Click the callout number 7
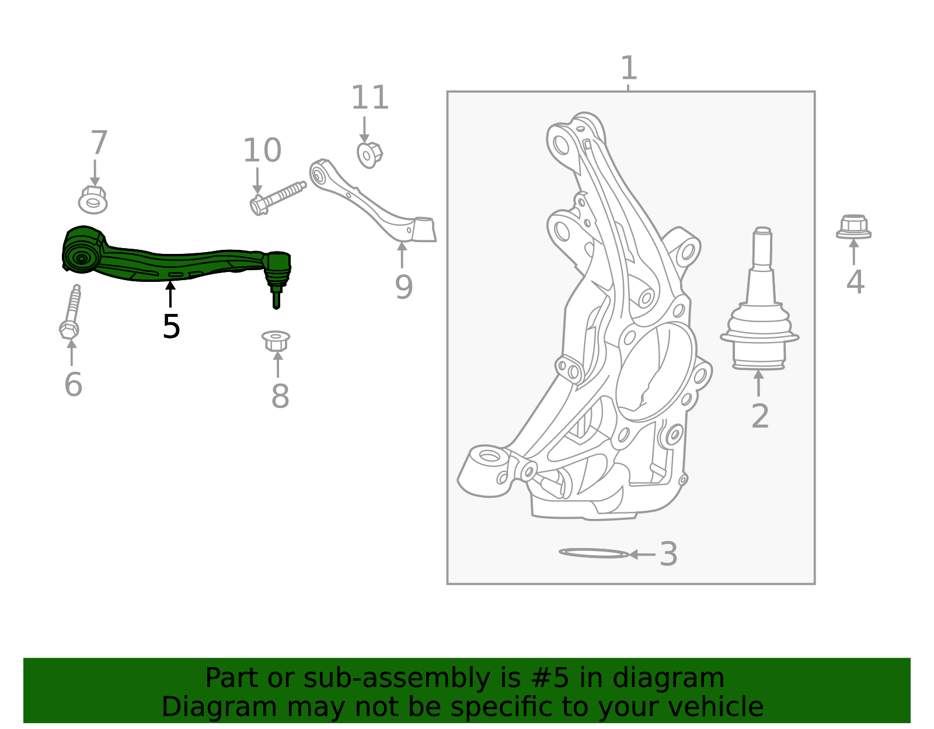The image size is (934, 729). (99, 144)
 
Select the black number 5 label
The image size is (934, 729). (171, 326)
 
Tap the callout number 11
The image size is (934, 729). (370, 98)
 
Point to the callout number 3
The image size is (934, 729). (668, 554)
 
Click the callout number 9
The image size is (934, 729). (403, 287)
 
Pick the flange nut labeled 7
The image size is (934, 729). (93, 200)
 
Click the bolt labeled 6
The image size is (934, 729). (71, 312)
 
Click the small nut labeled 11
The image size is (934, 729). (369, 155)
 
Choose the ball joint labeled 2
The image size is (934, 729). (759, 309)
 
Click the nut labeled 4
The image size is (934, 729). (853, 227)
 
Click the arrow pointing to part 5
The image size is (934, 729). (170, 294)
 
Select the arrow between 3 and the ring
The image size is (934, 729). (642, 554)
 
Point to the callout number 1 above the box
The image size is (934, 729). (628, 68)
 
